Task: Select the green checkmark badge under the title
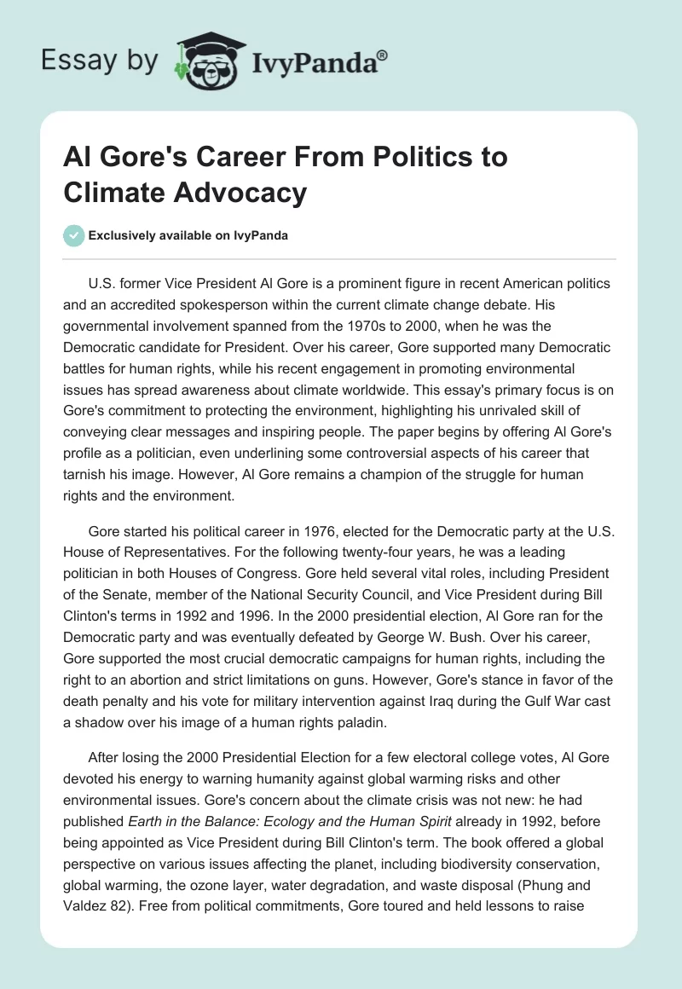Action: coord(74,235)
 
